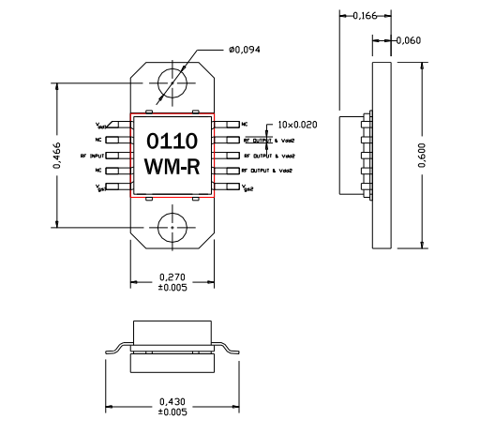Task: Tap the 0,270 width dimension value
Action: (172, 277)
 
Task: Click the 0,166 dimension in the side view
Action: (360, 15)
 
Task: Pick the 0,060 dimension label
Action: (408, 40)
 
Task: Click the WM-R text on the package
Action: (172, 167)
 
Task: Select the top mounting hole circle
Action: (172, 83)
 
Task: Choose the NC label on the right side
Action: (245, 124)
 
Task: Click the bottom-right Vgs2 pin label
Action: (248, 187)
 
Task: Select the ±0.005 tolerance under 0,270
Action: (172, 288)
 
